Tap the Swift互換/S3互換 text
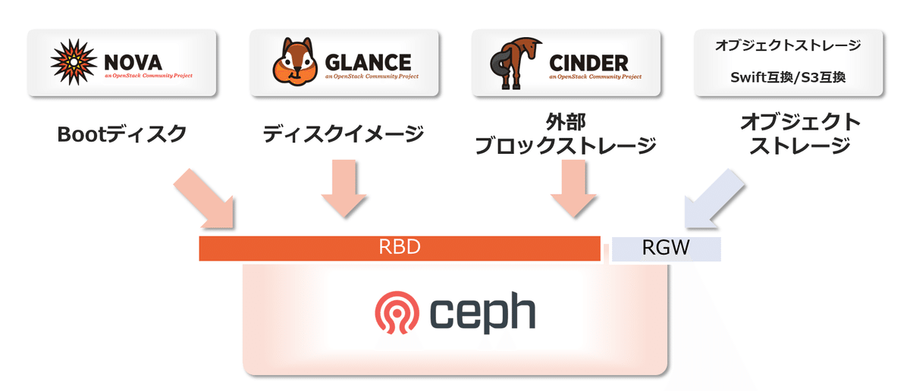point(789,77)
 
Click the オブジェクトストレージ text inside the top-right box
point(789,45)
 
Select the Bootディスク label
point(121,135)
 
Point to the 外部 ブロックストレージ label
point(565,133)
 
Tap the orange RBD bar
point(400,249)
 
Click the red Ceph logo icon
point(395,314)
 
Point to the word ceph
point(483,314)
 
